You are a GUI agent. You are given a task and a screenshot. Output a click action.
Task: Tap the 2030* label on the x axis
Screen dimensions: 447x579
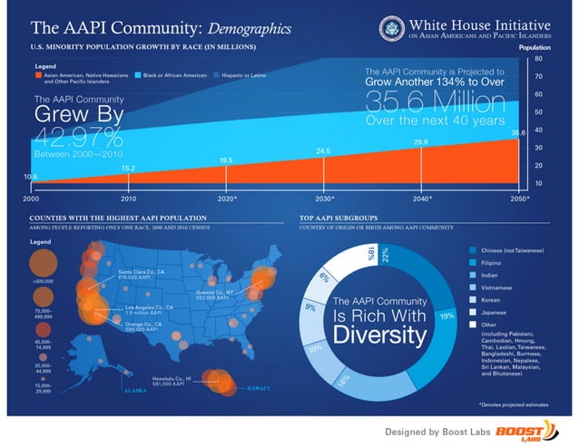[325, 198]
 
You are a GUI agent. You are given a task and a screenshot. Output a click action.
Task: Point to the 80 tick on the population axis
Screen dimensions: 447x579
[539, 58]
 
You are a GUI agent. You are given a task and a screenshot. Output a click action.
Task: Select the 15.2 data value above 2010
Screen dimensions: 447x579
[128, 168]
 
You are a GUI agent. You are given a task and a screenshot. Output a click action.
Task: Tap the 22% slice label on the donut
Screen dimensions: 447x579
[385, 257]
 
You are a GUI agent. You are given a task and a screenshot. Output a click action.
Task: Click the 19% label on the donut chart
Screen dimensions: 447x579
[447, 316]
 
